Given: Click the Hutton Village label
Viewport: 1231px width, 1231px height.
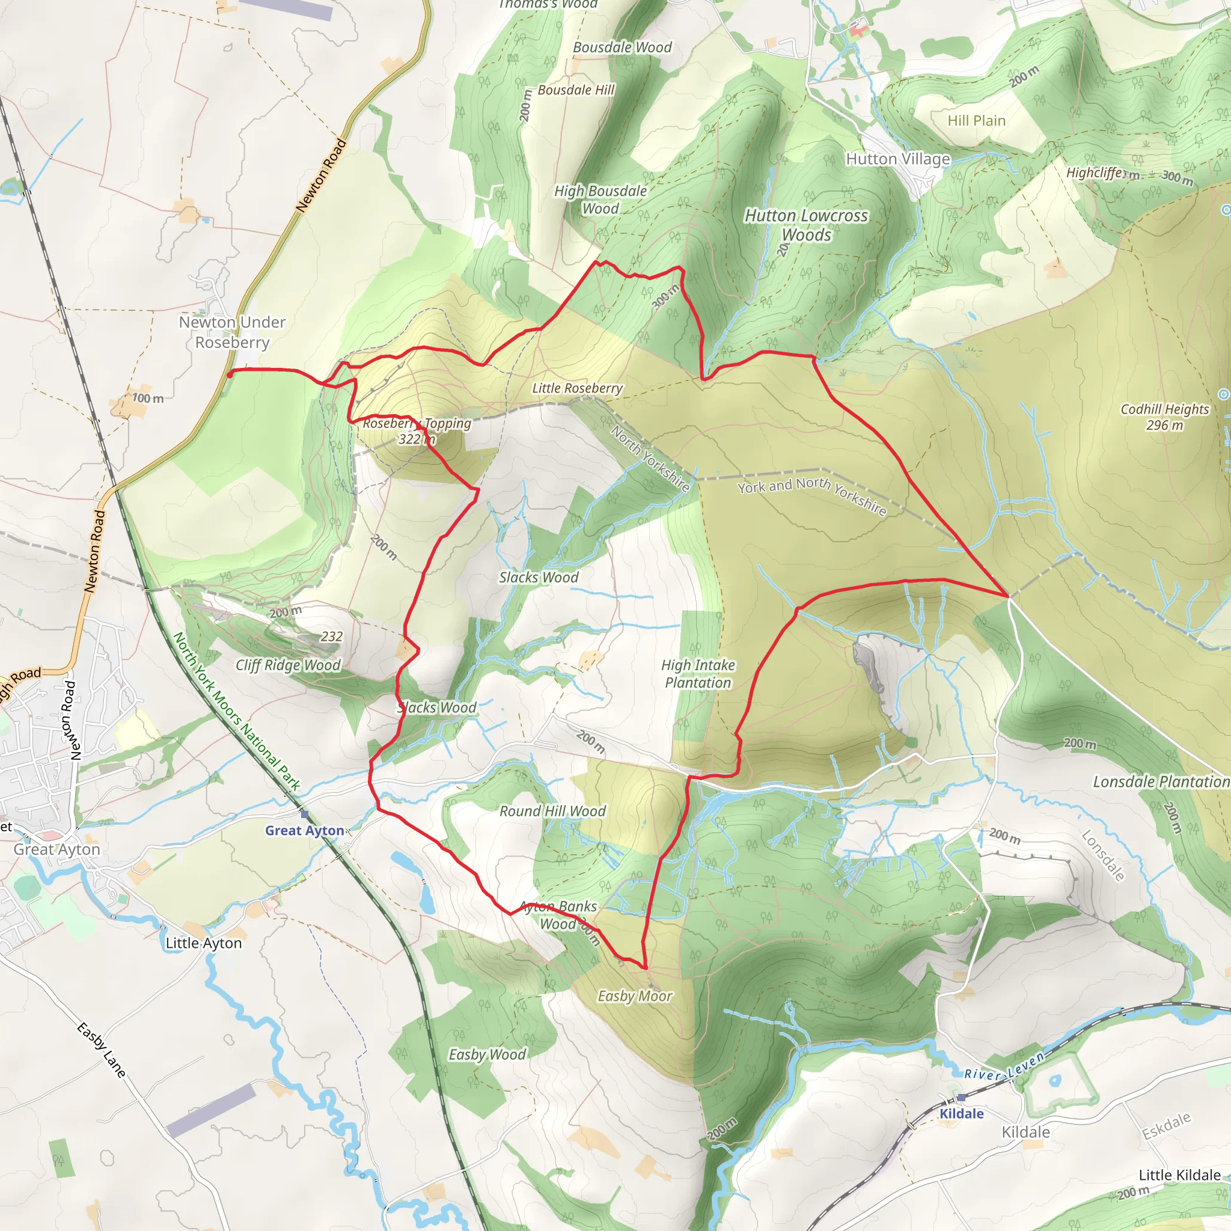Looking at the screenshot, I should [x=898, y=159].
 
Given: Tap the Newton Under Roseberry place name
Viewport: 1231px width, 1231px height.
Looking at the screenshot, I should [x=232, y=332].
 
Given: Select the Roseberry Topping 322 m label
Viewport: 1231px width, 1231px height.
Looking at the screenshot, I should [x=417, y=432].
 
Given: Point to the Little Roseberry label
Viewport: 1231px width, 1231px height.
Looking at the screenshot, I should [x=577, y=388].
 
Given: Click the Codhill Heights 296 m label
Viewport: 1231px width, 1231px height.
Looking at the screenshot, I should [x=1164, y=417].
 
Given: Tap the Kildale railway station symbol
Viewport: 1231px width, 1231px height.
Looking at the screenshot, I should [x=961, y=1097].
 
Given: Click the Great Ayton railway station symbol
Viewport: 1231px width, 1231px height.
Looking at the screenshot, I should [x=305, y=814].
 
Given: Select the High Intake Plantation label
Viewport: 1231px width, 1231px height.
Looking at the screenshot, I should [x=698, y=673].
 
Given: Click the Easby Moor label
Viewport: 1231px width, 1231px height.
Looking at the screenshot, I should [x=635, y=996].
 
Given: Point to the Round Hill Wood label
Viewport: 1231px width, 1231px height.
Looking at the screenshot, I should [x=552, y=811].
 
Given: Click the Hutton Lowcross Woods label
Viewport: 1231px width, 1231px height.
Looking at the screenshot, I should [x=806, y=225].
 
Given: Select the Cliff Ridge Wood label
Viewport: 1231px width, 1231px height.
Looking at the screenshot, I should [x=288, y=665].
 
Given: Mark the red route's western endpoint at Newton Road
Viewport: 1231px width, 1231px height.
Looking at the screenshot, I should [x=230, y=374].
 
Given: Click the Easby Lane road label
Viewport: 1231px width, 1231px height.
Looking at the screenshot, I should [x=102, y=1050].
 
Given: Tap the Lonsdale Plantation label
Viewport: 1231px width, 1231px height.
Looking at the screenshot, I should [x=1161, y=782].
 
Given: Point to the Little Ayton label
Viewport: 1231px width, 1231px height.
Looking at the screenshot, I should [x=204, y=943].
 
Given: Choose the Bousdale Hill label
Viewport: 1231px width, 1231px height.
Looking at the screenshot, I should [x=576, y=90].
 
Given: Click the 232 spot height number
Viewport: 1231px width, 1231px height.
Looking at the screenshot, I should [x=331, y=636].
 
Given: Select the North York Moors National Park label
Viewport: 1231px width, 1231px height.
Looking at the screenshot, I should [x=236, y=712].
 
